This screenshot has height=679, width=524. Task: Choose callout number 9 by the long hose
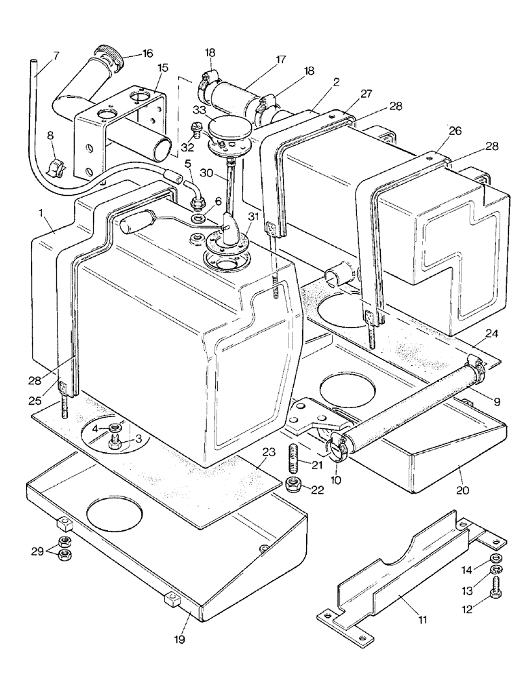(x=498, y=402)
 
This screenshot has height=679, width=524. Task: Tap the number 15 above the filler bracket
(x=163, y=69)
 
